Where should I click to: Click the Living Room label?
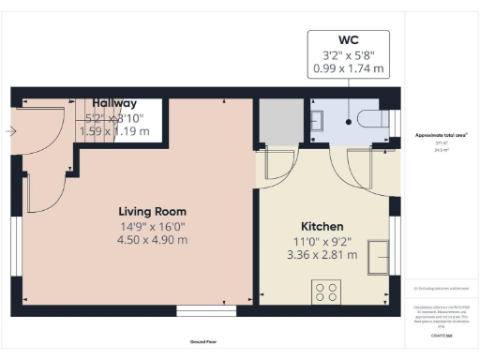pos(152,211)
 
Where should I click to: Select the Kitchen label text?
pos(322,227)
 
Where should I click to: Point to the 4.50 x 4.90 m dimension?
pos(152,239)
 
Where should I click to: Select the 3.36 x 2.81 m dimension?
pos(322,254)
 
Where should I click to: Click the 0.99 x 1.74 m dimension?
pos(349,69)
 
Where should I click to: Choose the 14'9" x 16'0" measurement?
pos(152,225)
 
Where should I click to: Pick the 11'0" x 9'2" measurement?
pos(322,241)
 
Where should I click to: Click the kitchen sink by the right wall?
pos(381,256)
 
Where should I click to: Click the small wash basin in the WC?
pos(318,119)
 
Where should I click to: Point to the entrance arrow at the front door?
pos(9,130)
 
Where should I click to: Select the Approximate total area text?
pos(442,136)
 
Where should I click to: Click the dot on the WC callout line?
pos(349,120)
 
